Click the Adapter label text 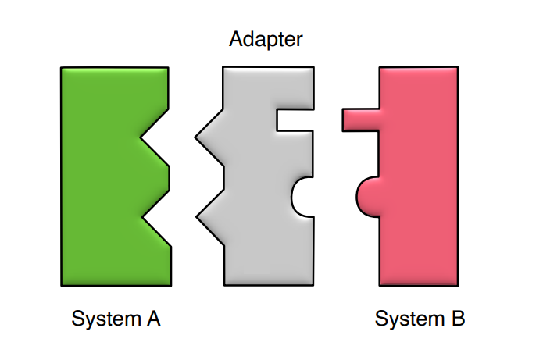click(266, 38)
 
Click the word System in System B click(408, 319)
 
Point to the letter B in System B click(457, 319)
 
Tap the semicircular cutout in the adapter click(303, 194)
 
